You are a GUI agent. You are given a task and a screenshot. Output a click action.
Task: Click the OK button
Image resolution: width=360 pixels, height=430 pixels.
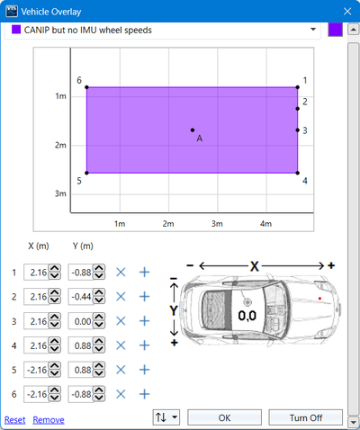(225, 417)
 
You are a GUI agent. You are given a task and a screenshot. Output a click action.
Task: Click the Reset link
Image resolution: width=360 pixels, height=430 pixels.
(14, 419)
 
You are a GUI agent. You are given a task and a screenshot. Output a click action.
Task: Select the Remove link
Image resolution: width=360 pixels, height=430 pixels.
(49, 419)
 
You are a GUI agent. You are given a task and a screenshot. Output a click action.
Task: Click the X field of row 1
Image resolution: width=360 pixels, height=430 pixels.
(37, 272)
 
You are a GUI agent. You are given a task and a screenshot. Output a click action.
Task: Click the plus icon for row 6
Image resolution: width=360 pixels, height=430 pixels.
(143, 393)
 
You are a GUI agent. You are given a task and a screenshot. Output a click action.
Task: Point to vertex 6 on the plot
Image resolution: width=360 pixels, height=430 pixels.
(86, 87)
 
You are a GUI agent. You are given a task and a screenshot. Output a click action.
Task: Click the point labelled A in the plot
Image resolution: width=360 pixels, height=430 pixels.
(192, 130)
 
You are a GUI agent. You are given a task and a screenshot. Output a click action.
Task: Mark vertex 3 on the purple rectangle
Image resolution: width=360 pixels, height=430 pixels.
(298, 130)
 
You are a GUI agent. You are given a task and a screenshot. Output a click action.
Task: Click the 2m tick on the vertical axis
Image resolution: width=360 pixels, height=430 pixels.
(61, 145)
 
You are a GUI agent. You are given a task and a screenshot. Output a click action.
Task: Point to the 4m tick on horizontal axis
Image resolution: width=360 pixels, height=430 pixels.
(265, 221)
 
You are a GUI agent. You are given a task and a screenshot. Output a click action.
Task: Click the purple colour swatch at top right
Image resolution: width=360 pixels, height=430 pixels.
(335, 30)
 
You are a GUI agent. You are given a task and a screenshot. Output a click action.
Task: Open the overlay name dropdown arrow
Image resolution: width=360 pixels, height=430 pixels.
(312, 30)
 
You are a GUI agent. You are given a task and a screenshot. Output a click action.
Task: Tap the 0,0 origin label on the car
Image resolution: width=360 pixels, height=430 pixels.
(247, 316)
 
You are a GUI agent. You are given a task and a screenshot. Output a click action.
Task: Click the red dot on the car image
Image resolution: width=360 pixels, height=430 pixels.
(319, 296)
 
